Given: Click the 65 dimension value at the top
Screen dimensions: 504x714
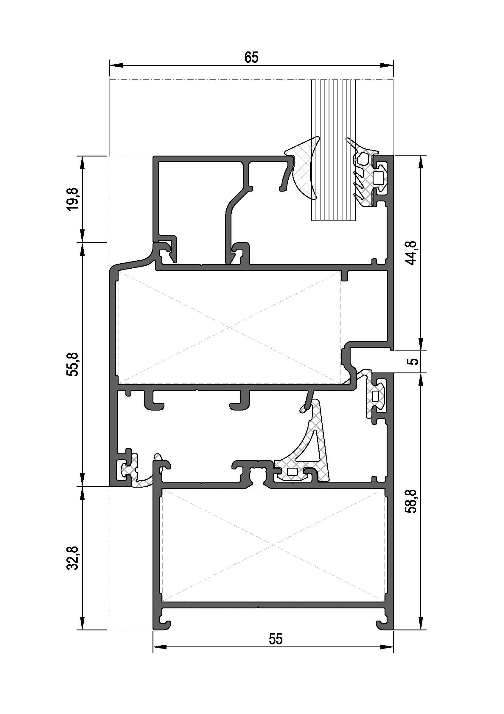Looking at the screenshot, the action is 251,57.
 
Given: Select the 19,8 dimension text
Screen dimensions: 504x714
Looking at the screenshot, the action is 73,199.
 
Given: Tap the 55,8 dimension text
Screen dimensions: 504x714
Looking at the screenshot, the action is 73,365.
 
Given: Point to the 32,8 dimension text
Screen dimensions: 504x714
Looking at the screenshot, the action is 73,558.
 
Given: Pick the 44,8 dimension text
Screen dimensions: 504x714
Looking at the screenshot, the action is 413,253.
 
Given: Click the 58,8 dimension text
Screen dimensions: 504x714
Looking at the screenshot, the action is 413,501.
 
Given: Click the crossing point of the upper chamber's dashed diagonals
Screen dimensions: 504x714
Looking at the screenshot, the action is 229,327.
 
